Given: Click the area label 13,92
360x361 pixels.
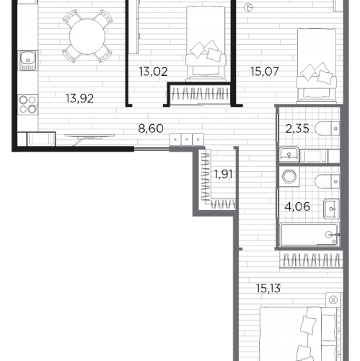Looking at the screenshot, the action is pyautogui.click(x=79, y=98).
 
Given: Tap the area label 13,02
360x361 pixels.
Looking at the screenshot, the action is pyautogui.click(x=153, y=71).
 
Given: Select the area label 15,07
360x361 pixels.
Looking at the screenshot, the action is pyautogui.click(x=265, y=71).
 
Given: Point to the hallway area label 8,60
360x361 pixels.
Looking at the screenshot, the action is pyautogui.click(x=151, y=129).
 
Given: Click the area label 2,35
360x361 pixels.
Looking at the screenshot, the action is pyautogui.click(x=297, y=129).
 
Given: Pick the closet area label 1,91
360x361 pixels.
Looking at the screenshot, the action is pyautogui.click(x=223, y=174).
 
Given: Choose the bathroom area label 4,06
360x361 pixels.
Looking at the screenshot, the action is pyautogui.click(x=297, y=206).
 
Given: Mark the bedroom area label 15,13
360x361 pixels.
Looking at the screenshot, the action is pyautogui.click(x=268, y=288).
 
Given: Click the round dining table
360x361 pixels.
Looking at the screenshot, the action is pyautogui.click(x=87, y=37).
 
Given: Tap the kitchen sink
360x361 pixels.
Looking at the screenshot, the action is pyautogui.click(x=28, y=60).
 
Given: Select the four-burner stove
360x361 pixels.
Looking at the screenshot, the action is pyautogui.click(x=27, y=104).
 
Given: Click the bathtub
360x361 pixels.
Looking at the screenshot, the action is pyautogui.click(x=309, y=235).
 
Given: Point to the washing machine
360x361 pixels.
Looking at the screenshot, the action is pyautogui.click(x=289, y=176).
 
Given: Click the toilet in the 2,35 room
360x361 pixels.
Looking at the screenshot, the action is pyautogui.click(x=327, y=129).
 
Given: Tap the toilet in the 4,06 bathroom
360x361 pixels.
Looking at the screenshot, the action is pyautogui.click(x=327, y=181).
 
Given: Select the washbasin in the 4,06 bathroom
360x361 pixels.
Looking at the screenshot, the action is pyautogui.click(x=331, y=209).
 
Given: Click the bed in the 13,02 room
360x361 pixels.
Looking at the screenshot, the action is pyautogui.click(x=206, y=43).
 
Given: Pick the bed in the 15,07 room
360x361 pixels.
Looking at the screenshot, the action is pyautogui.click(x=316, y=66).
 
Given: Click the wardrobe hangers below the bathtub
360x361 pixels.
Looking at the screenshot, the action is pyautogui.click(x=311, y=260).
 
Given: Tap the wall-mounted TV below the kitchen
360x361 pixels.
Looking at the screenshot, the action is pyautogui.click(x=89, y=136).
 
